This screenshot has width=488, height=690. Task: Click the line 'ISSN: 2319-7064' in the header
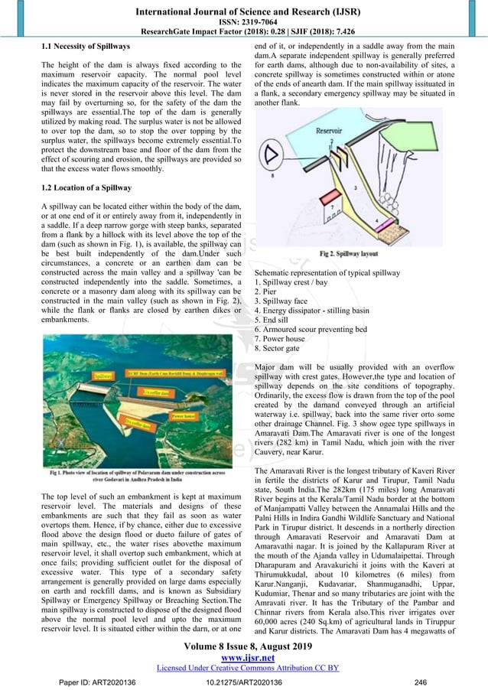pyautogui.click(x=244, y=21)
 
